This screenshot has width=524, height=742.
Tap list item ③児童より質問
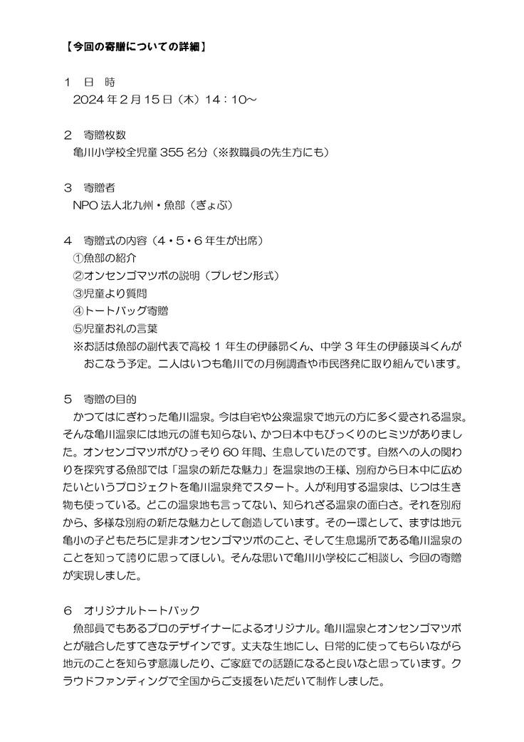[110, 293]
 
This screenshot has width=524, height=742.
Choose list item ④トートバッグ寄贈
[120, 310]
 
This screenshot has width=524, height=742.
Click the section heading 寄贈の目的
[110, 397]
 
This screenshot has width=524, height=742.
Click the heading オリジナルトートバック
[142, 611]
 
